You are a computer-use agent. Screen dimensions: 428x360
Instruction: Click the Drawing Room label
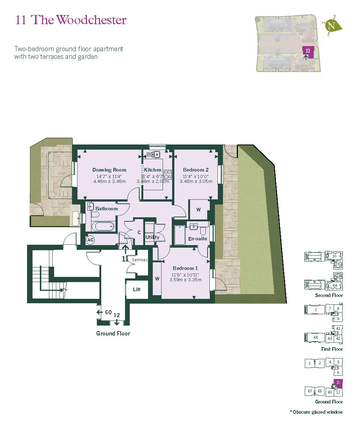pos(109,170)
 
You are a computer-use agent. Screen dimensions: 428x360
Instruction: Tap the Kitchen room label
pos(152,170)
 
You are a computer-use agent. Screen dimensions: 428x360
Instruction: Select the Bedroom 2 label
pos(196,170)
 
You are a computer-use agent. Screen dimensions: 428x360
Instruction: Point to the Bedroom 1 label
pos(185,268)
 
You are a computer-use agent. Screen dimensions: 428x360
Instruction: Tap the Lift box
pos(137,289)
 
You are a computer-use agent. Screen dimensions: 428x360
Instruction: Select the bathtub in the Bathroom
pos(103,226)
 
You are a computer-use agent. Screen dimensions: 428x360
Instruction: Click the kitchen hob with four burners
pos(168,174)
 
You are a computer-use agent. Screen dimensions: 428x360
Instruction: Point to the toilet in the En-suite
pos(203,229)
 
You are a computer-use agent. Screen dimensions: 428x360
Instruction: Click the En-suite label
pos(197,239)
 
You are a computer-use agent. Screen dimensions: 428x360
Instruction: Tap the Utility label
pos(152,237)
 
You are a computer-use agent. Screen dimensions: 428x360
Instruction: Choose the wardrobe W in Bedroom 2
pos(198,210)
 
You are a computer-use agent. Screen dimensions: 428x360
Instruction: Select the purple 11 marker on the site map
pos(308,51)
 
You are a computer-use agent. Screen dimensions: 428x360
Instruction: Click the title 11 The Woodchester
pos(71,20)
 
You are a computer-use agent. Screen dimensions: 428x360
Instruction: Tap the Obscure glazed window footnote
pos(316,412)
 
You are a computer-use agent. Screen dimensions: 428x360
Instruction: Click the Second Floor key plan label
pos(329,295)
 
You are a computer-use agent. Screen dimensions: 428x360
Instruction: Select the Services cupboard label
pos(140,260)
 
